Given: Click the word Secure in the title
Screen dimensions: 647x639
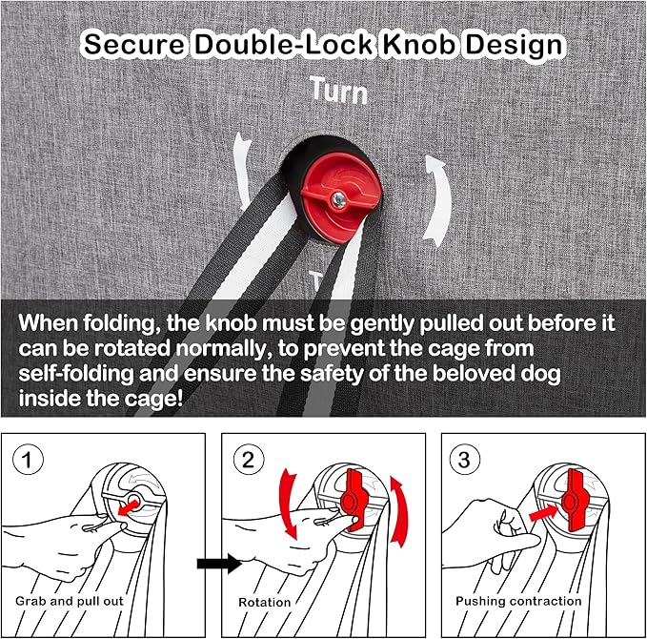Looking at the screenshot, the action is click(x=134, y=44).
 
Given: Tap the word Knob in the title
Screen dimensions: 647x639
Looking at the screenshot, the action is click(x=419, y=44).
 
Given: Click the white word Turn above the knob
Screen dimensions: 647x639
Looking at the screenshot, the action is click(x=339, y=90).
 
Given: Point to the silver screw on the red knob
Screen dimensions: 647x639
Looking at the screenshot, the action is click(x=339, y=200).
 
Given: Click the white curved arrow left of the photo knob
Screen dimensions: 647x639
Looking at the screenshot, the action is click(x=242, y=170).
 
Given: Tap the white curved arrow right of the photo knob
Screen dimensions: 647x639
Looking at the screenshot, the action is click(x=437, y=200).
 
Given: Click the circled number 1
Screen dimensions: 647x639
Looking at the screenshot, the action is click(x=28, y=460).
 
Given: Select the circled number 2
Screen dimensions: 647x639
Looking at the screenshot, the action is click(x=249, y=460).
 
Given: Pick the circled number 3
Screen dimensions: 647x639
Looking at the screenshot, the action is click(x=464, y=460).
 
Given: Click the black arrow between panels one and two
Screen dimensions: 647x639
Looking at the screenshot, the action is click(x=219, y=563).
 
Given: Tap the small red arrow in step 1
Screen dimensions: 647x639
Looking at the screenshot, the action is click(x=129, y=506).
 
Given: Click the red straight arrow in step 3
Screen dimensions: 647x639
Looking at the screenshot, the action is click(x=543, y=513).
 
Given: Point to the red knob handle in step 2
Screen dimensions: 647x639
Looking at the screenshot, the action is click(x=352, y=500).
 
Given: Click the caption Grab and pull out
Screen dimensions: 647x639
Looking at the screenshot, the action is click(x=70, y=601).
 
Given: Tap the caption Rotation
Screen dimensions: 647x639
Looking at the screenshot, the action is click(x=265, y=602).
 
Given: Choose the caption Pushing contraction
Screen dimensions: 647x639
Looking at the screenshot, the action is click(x=518, y=601).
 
